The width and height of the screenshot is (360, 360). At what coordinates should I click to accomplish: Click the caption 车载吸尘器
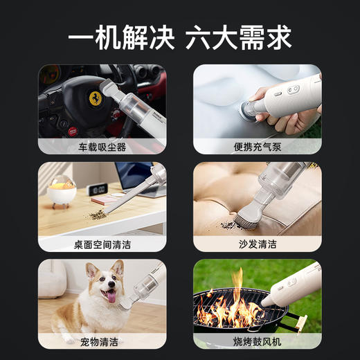coord(102,147)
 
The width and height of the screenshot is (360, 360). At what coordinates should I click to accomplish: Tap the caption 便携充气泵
coord(258,147)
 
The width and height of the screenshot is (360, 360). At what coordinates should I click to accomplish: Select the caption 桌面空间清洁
coord(102,244)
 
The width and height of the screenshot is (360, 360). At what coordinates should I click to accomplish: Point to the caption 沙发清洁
coord(258,244)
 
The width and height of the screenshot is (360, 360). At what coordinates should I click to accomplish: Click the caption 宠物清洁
coord(102,341)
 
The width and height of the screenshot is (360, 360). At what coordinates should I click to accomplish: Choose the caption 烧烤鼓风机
coord(258,341)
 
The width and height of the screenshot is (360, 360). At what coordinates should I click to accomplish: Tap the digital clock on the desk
coord(97,189)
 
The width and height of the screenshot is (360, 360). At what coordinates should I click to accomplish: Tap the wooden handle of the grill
coord(300,322)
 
